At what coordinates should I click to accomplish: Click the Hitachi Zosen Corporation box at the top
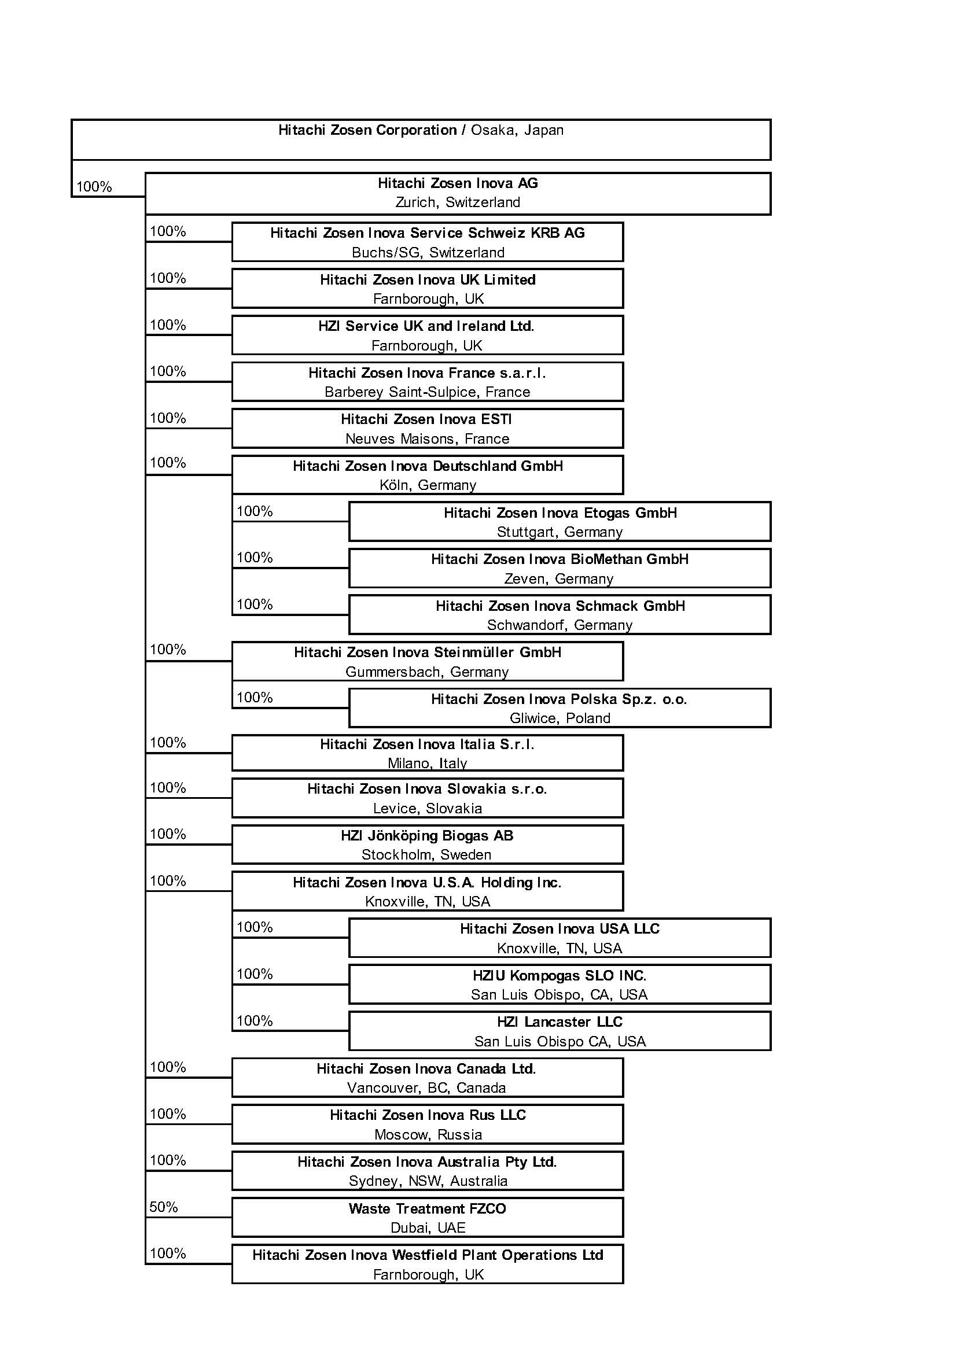pyautogui.click(x=421, y=139)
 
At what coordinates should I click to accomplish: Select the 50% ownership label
pyautogui.click(x=163, y=1207)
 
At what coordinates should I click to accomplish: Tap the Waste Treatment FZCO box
pyautogui.click(x=427, y=1218)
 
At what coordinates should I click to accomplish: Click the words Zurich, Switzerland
pyautogui.click(x=457, y=202)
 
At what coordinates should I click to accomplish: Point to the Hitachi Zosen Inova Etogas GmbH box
pyautogui.click(x=560, y=522)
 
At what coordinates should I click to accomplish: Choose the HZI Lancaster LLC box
pyautogui.click(x=560, y=1031)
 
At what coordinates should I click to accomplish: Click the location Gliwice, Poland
pyautogui.click(x=560, y=718)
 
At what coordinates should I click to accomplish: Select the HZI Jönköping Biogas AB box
pyautogui.click(x=427, y=845)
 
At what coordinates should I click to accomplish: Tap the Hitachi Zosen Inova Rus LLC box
pyautogui.click(x=427, y=1125)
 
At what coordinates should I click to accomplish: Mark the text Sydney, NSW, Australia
pyautogui.click(x=428, y=1181)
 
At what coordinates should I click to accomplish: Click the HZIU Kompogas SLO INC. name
pyautogui.click(x=560, y=975)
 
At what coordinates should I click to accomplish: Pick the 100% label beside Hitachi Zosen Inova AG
pyautogui.click(x=94, y=187)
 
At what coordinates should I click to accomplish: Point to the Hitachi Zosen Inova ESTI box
pyautogui.click(x=427, y=429)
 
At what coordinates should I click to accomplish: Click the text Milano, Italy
pyautogui.click(x=427, y=764)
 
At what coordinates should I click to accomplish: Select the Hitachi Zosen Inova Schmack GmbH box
pyautogui.click(x=560, y=615)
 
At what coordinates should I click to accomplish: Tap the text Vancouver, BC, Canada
pyautogui.click(x=426, y=1088)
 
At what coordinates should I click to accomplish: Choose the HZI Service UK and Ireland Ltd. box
pyautogui.click(x=427, y=336)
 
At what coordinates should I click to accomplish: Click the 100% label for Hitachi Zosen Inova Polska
pyautogui.click(x=255, y=698)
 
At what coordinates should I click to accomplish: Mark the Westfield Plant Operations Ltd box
pyautogui.click(x=427, y=1264)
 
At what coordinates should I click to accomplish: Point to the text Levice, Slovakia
pyautogui.click(x=427, y=809)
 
